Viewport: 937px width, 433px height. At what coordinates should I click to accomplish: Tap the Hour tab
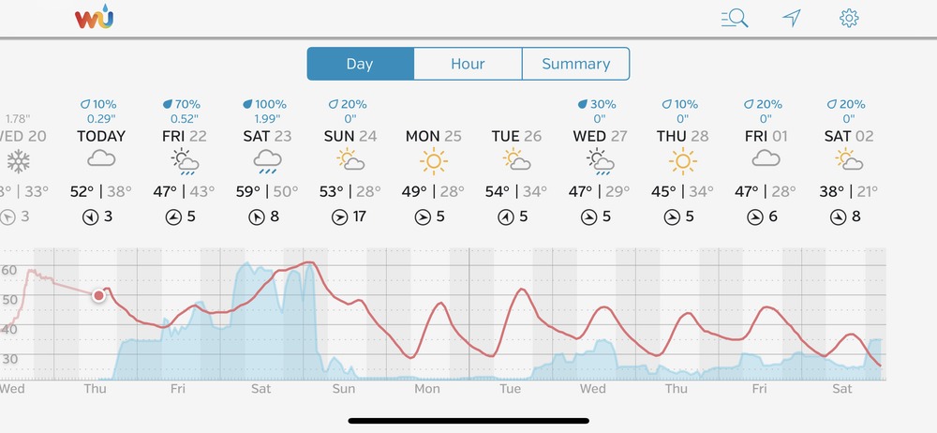(x=468, y=64)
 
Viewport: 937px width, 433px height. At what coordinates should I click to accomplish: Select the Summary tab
(x=575, y=64)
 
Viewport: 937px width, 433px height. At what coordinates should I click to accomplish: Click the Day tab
(x=360, y=64)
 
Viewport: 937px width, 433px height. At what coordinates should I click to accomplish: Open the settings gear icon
(x=849, y=18)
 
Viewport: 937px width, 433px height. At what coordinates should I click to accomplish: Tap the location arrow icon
(x=793, y=18)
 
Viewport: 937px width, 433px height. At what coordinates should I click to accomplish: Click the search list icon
(x=735, y=18)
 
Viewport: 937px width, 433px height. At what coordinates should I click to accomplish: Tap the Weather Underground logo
(x=94, y=17)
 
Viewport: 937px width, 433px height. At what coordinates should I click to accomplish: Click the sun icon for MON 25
(x=434, y=161)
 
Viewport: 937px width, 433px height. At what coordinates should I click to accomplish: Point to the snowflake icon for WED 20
(x=17, y=161)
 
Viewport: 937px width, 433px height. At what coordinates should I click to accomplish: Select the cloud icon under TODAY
(x=100, y=160)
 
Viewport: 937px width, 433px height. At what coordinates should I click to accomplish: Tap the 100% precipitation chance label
(x=267, y=104)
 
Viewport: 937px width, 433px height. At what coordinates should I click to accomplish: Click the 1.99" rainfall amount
(x=269, y=118)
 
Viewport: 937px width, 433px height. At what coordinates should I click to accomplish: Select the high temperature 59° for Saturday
(x=249, y=192)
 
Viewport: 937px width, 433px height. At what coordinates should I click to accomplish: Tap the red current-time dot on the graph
(x=98, y=295)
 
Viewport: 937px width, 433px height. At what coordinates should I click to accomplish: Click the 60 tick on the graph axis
(x=9, y=270)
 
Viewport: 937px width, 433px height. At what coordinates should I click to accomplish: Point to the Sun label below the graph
(x=344, y=388)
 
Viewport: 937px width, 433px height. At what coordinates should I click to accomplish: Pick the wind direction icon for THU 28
(x=672, y=217)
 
